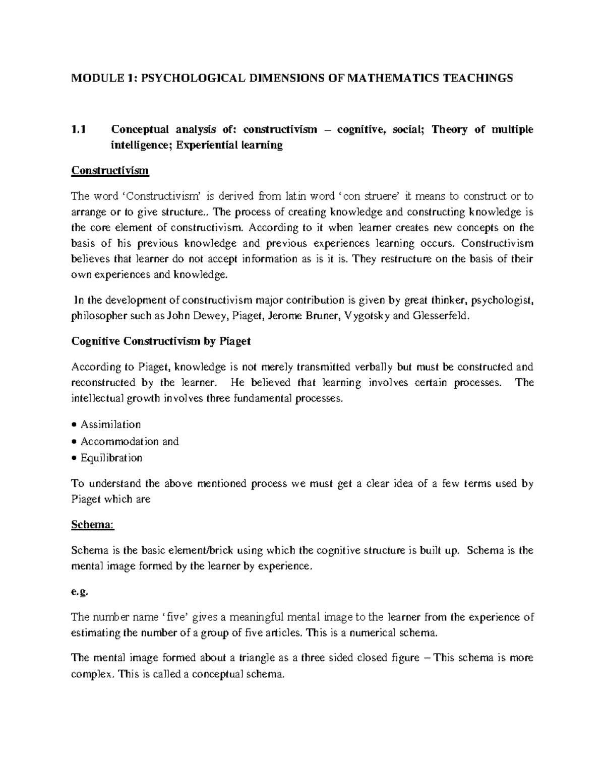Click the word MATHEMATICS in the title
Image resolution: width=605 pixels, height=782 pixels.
coord(387,78)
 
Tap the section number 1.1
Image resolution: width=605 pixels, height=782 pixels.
coord(79,129)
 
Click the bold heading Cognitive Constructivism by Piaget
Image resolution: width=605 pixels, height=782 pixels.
coord(161,341)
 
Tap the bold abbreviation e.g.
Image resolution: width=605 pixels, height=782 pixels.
coord(80,592)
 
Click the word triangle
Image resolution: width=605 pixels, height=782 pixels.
coord(265,658)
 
